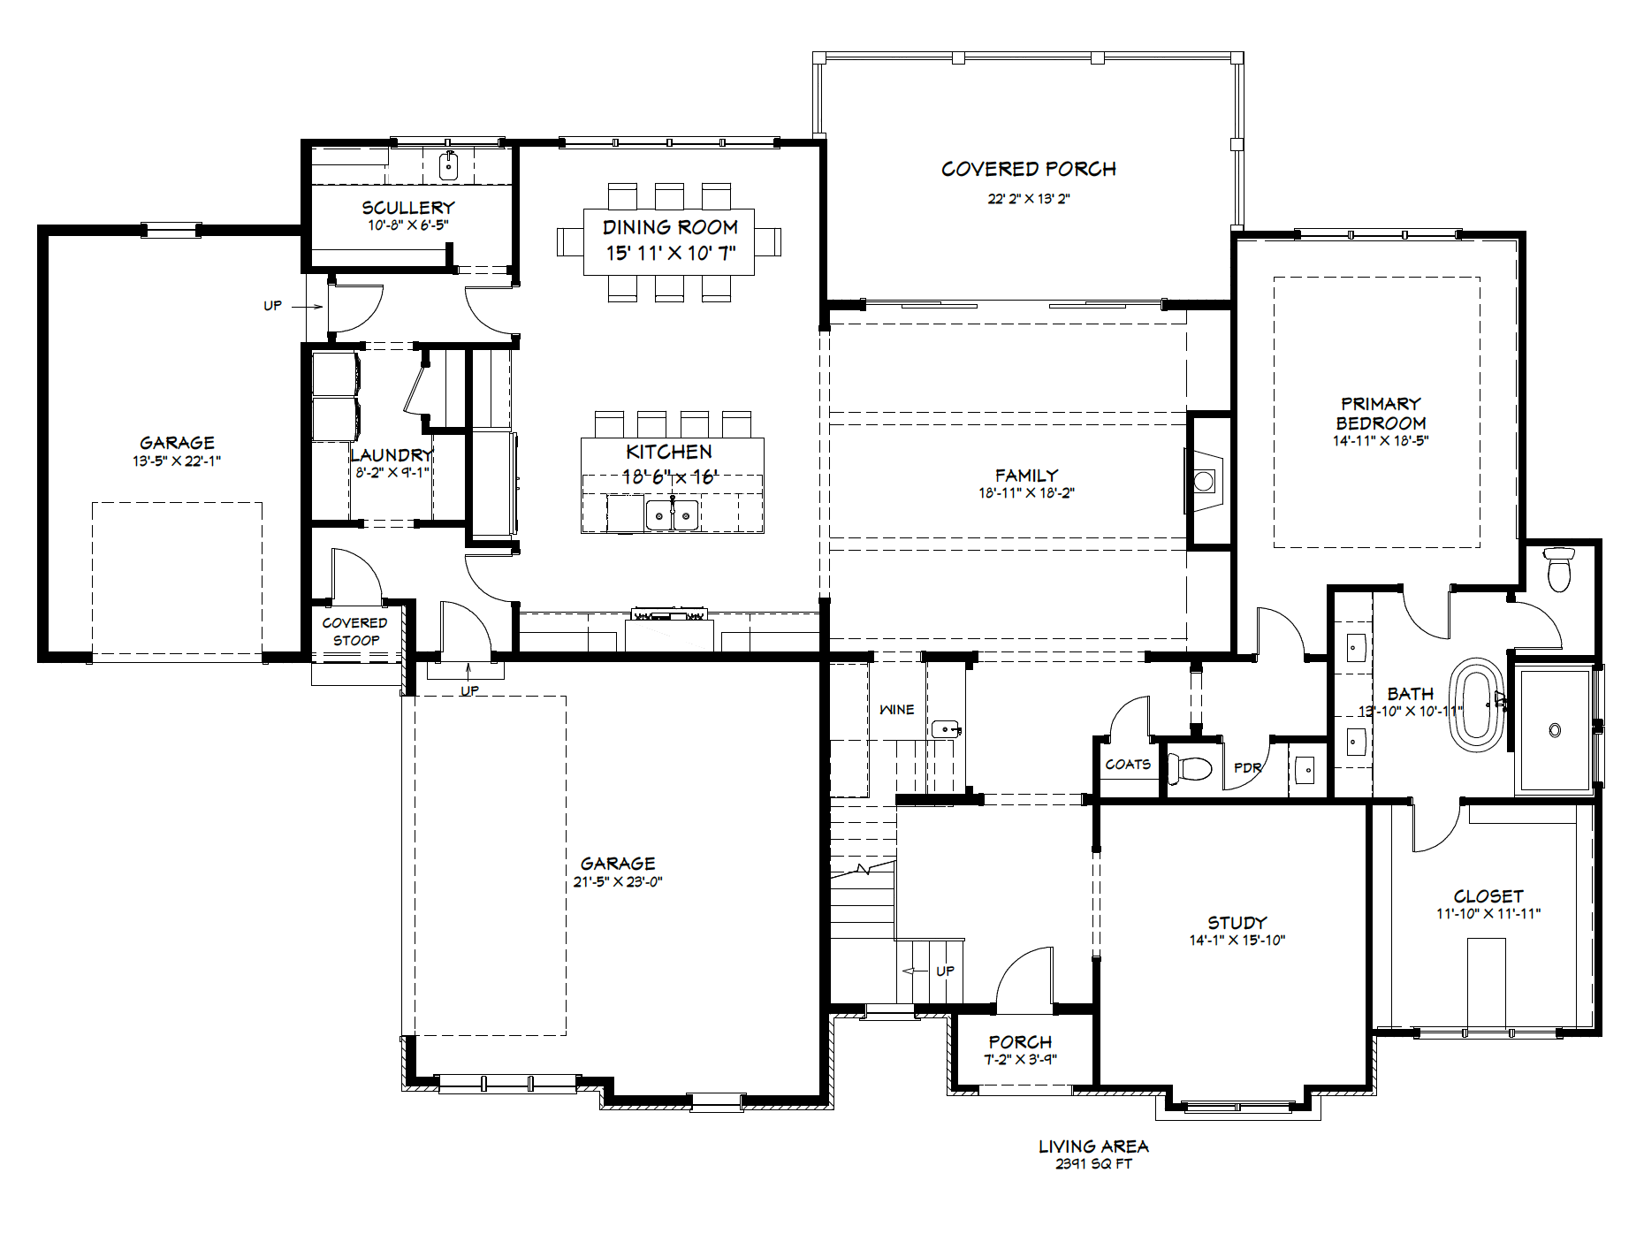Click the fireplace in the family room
(x=1204, y=481)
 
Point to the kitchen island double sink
(x=672, y=514)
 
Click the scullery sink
(x=448, y=165)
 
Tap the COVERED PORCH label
(x=1029, y=169)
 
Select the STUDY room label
(x=1237, y=922)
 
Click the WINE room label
(x=896, y=710)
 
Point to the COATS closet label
(x=1128, y=765)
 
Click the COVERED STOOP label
(x=354, y=631)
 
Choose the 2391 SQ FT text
(x=1093, y=1164)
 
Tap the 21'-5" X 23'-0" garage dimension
(x=618, y=881)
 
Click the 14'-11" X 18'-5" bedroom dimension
(x=1381, y=440)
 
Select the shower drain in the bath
(x=1555, y=730)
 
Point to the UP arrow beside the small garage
(x=307, y=307)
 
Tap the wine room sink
(x=946, y=729)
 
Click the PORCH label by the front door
(x=1020, y=1042)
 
